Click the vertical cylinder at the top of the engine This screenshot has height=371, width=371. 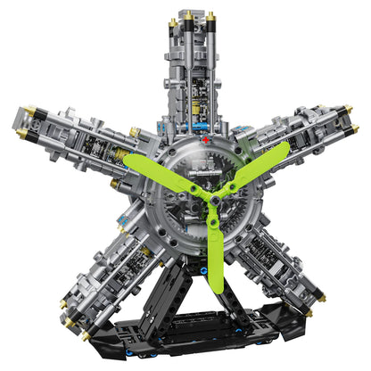coord(187,71)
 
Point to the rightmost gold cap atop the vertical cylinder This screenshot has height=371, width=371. coord(211,16)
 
